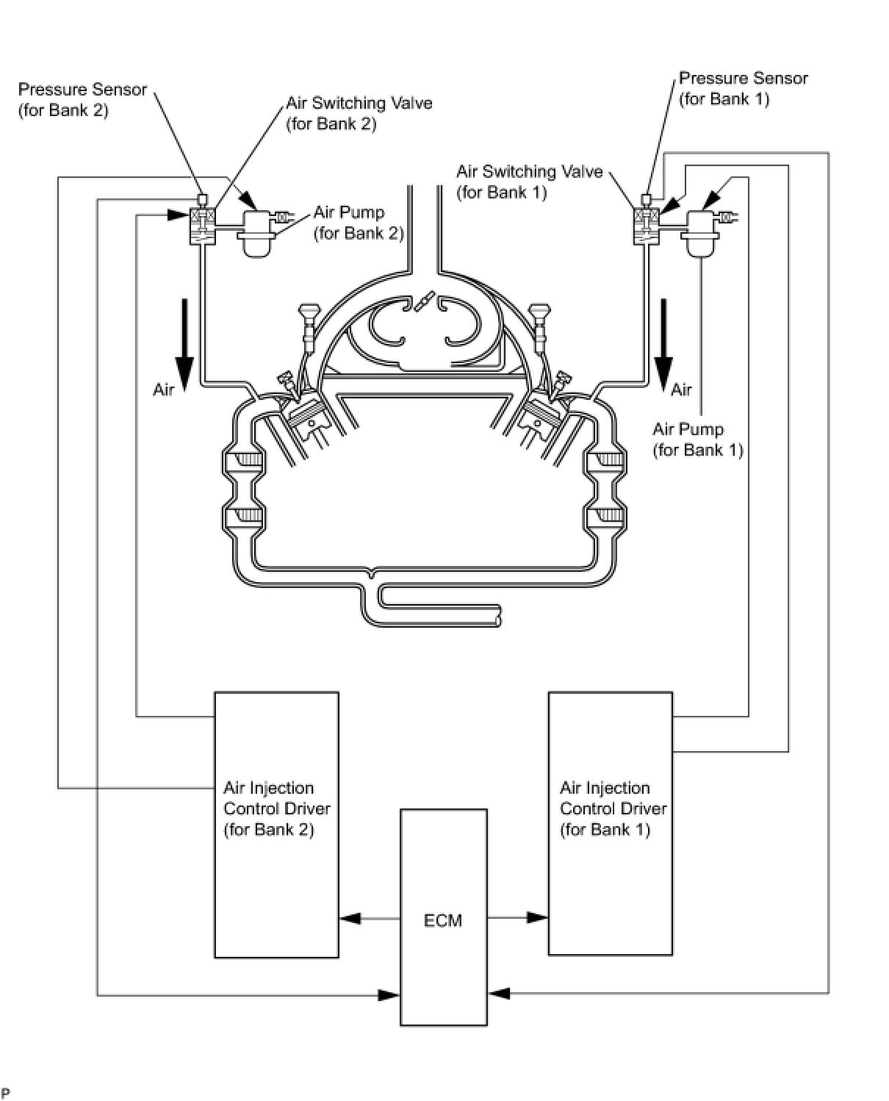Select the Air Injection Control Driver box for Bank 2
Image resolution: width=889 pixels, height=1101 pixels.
click(x=276, y=825)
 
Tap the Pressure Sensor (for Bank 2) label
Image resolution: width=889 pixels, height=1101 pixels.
click(x=82, y=100)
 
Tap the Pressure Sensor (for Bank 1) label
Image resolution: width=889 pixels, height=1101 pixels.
click(x=743, y=88)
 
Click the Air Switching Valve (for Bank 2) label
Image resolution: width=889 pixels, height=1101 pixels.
click(x=359, y=113)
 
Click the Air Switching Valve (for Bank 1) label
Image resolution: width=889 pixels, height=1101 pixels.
click(x=530, y=182)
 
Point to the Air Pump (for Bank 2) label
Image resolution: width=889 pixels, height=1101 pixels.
click(x=359, y=222)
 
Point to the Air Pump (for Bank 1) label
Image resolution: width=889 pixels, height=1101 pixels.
click(x=697, y=440)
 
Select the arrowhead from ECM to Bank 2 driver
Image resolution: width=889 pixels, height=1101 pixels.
click(x=350, y=918)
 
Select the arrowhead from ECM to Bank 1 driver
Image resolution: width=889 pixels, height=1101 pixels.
click(x=537, y=917)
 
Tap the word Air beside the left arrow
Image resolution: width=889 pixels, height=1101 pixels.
click(x=164, y=390)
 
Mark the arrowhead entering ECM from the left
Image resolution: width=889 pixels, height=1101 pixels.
click(x=389, y=994)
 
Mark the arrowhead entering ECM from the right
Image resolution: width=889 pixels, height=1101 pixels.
click(x=498, y=993)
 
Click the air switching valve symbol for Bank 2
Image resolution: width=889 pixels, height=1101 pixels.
click(x=203, y=226)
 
